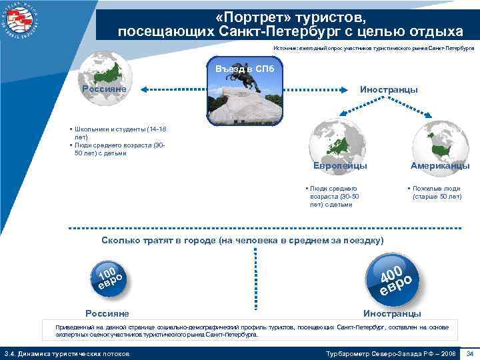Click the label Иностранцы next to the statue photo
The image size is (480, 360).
pyautogui.click(x=389, y=89)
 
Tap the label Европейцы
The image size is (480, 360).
pyautogui.click(x=341, y=165)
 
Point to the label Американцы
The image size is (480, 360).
pyautogui.click(x=441, y=165)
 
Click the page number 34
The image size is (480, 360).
pyautogui.click(x=470, y=353)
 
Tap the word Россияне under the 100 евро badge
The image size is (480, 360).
pyautogui.click(x=107, y=313)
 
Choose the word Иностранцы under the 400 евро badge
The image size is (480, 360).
pyautogui.click(x=392, y=313)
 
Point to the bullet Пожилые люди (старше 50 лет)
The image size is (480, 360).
pyautogui.click(x=436, y=193)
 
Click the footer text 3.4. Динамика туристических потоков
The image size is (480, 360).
pyautogui.click(x=67, y=353)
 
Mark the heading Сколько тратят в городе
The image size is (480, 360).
pyautogui.click(x=242, y=240)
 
